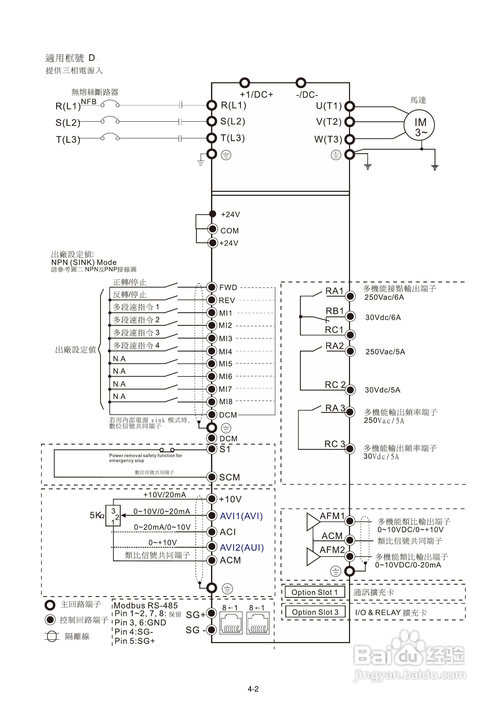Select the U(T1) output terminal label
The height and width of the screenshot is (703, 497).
pos(329,106)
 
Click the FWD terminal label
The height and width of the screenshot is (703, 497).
pos(228,287)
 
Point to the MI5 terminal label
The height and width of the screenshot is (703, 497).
pos(225,364)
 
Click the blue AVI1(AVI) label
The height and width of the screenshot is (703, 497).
pos(241,516)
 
